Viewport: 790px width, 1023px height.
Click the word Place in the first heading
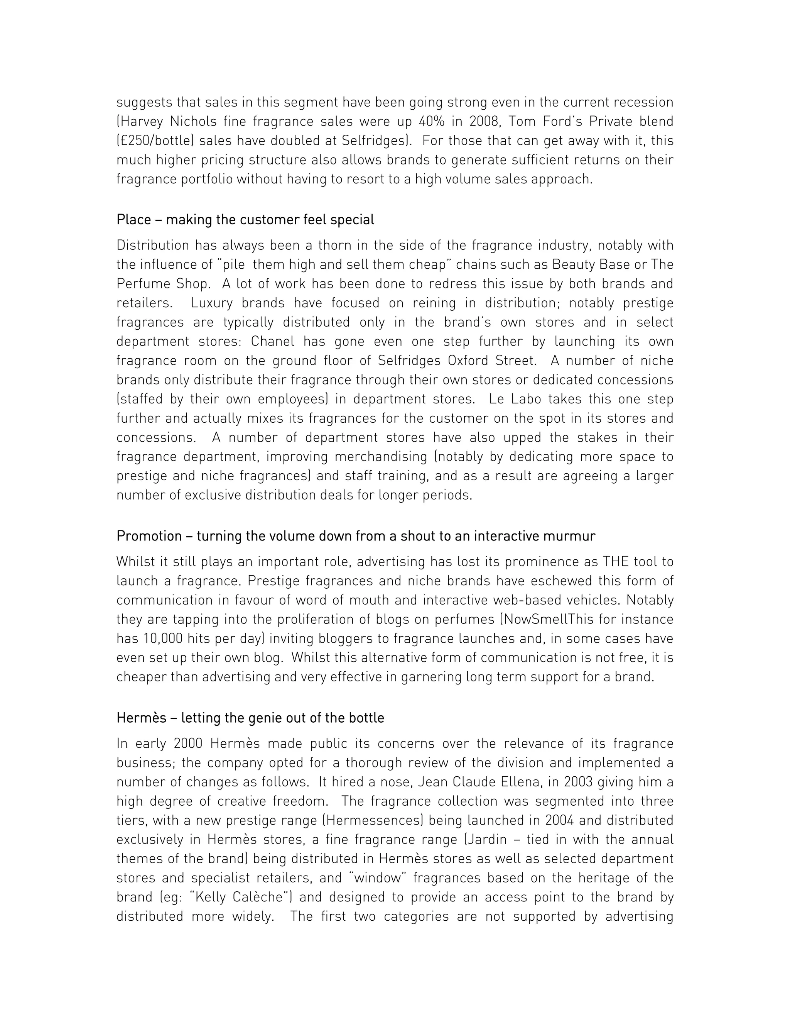[133, 220]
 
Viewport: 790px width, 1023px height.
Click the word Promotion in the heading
[149, 535]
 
